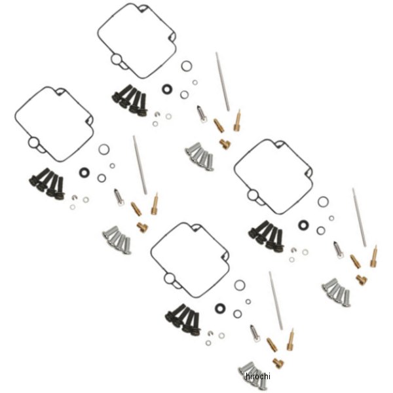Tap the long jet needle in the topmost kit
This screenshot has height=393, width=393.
click(223, 82)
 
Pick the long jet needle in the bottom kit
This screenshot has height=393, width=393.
click(276, 301)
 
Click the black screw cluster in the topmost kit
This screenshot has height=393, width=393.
click(128, 100)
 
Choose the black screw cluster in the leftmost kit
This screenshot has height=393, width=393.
click(45, 183)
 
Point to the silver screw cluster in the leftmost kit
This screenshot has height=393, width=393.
click(117, 240)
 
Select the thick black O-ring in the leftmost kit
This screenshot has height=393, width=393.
click(84, 172)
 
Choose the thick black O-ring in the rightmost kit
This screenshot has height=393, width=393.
click(303, 225)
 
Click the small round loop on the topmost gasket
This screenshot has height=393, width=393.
click(116, 60)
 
